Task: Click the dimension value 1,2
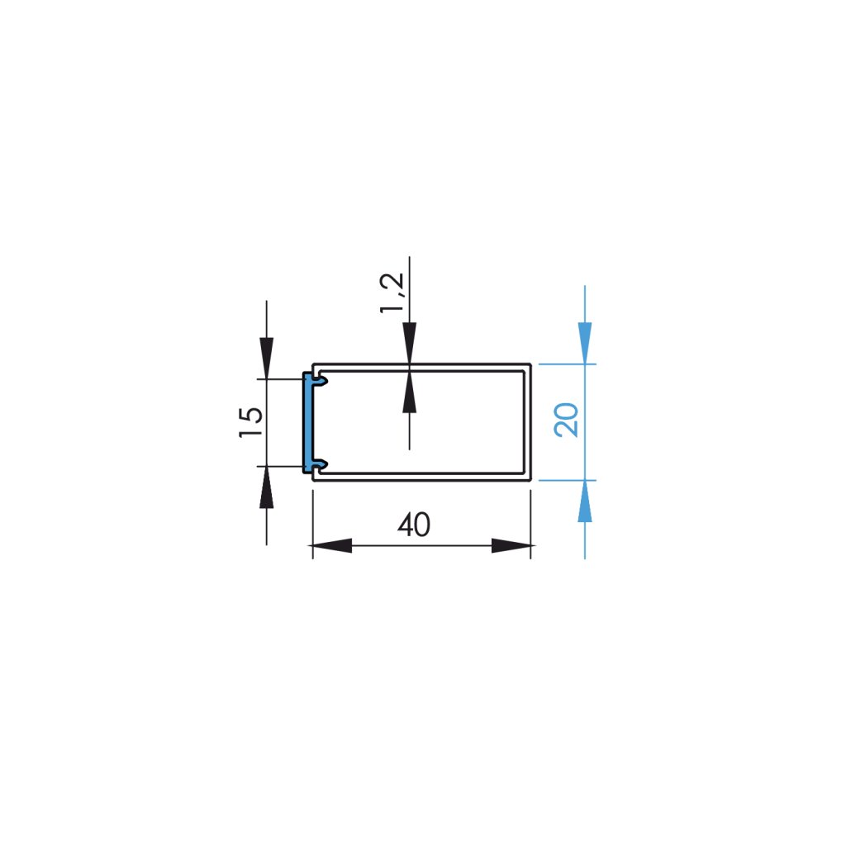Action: pyautogui.click(x=394, y=293)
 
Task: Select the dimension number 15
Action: pyautogui.click(x=251, y=422)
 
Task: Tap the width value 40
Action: pyautogui.click(x=414, y=525)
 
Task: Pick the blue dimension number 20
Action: pyautogui.click(x=568, y=420)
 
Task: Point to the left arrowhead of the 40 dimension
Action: pyautogui.click(x=331, y=546)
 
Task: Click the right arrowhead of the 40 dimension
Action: pyautogui.click(x=511, y=546)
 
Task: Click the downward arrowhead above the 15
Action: pyautogui.click(x=266, y=357)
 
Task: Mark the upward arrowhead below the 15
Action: pyautogui.click(x=266, y=488)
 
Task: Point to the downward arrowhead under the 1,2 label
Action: pyautogui.click(x=409, y=340)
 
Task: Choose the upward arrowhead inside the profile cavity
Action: pyautogui.click(x=409, y=392)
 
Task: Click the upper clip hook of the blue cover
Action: pyautogui.click(x=320, y=381)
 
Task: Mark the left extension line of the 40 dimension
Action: pyautogui.click(x=312, y=520)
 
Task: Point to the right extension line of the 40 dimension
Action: pyautogui.click(x=530, y=520)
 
